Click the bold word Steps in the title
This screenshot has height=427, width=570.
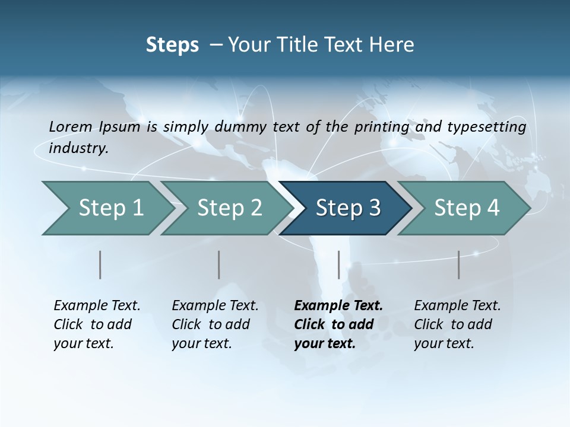[172, 45]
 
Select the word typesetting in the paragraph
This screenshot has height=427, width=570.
[486, 126]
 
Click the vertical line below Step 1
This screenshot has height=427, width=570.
[100, 265]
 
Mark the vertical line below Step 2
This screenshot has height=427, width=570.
[219, 265]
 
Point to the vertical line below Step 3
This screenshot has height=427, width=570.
[338, 265]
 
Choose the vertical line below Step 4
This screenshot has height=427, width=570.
[459, 265]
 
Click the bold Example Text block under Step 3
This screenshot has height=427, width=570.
[338, 324]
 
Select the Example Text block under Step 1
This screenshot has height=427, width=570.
[97, 324]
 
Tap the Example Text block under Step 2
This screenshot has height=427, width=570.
[215, 324]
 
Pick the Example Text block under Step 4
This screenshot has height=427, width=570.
[457, 324]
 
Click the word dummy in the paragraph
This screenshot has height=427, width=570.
[244, 126]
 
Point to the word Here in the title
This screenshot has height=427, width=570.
[392, 45]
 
